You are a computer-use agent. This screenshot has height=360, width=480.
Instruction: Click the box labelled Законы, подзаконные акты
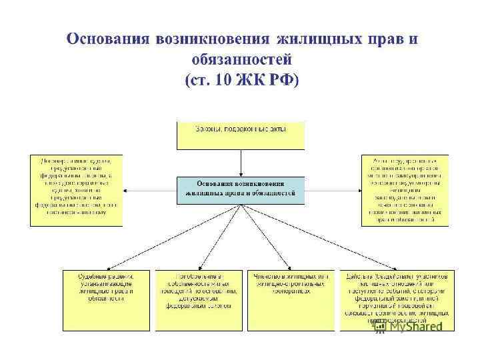pyautogui.click(x=240, y=135)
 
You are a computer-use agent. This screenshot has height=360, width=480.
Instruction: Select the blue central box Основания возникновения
pyautogui.click(x=240, y=190)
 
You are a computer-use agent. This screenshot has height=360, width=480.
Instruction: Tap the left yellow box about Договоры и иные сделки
pyautogui.click(x=76, y=191)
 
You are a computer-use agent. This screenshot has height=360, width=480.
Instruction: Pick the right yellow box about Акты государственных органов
pyautogui.click(x=405, y=191)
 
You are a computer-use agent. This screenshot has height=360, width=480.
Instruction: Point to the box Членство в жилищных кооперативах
pyautogui.click(x=289, y=300)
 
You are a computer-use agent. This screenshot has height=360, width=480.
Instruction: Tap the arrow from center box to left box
pyautogui.click(x=150, y=191)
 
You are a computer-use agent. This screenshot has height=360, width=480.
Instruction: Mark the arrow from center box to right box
pyautogui.click(x=333, y=191)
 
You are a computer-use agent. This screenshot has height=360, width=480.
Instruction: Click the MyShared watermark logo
pyautogui.click(x=410, y=327)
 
